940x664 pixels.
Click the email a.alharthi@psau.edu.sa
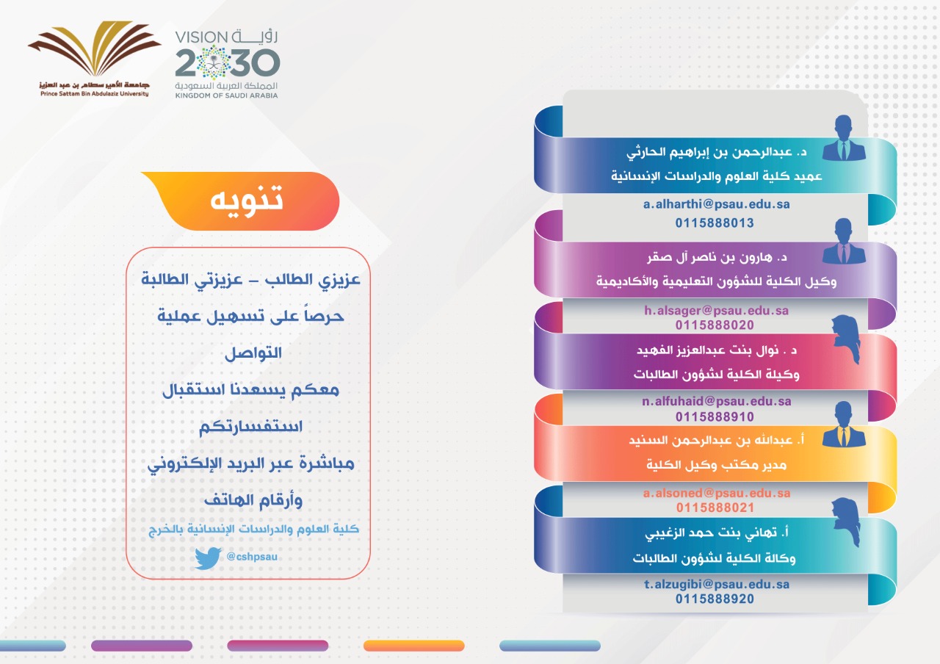click(716, 204)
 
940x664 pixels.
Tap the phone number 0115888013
click(715, 223)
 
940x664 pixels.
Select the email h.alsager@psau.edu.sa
click(716, 311)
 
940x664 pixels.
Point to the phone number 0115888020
click(715, 325)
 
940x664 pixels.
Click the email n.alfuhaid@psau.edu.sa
click(716, 402)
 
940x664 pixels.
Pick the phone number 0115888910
click(715, 416)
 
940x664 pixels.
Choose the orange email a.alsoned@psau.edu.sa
click(716, 493)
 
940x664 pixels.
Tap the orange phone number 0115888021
click(715, 508)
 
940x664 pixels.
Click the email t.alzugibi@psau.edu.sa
click(716, 585)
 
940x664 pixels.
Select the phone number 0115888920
click(715, 599)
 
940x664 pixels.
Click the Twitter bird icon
click(208, 558)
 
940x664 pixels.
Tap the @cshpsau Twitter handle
click(252, 557)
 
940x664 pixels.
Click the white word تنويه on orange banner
click(247, 199)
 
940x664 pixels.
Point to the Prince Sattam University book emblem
click(95, 48)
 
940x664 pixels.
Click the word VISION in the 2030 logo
click(201, 37)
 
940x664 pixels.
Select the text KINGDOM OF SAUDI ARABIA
click(227, 95)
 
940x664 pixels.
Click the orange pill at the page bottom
click(413, 646)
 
